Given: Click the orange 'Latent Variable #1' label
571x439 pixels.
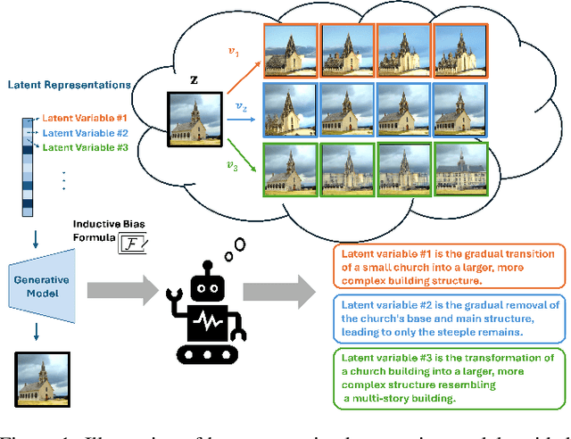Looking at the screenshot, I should click(86, 119).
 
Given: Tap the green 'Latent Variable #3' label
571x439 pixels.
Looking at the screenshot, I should click(87, 147).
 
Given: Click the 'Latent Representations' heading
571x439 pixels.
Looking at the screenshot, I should click(69, 85).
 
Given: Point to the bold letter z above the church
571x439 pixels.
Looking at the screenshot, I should click(194, 79).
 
